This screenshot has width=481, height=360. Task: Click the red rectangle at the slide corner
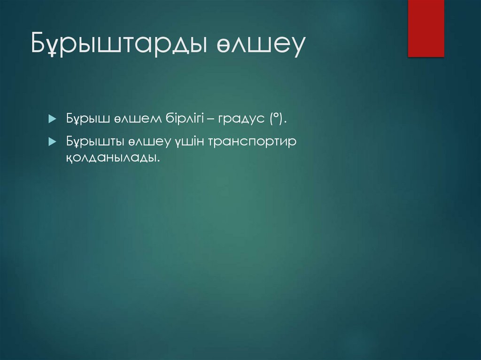tap(426, 28)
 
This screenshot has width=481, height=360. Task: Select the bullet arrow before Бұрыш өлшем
tap(52, 120)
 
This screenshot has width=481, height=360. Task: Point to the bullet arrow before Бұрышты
tap(52, 142)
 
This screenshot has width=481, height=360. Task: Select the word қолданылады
tap(111, 158)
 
